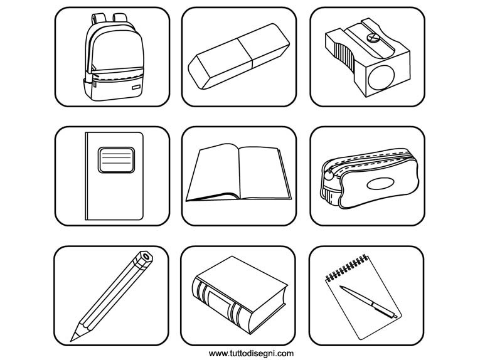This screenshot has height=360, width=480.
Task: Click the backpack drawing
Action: (x=114, y=58)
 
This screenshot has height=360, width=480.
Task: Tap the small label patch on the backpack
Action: (x=136, y=87)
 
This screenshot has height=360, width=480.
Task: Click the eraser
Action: (x=239, y=56)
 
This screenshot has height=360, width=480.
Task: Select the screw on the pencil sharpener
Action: (x=373, y=38)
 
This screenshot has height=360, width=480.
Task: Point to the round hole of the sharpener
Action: (x=381, y=77)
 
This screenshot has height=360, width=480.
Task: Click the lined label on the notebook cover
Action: (x=116, y=160)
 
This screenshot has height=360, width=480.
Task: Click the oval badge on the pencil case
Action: (x=380, y=184)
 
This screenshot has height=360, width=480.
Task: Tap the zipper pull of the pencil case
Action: (x=328, y=175)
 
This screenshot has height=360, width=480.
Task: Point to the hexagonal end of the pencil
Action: (x=146, y=257)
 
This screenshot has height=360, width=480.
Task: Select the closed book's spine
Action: (x=221, y=304)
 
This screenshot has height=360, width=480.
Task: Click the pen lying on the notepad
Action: (x=368, y=302)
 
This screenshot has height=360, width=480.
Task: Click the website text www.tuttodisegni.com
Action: (x=251, y=354)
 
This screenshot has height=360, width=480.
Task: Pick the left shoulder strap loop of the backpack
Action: (x=98, y=18)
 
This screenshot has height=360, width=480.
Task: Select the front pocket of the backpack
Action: (x=114, y=87)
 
